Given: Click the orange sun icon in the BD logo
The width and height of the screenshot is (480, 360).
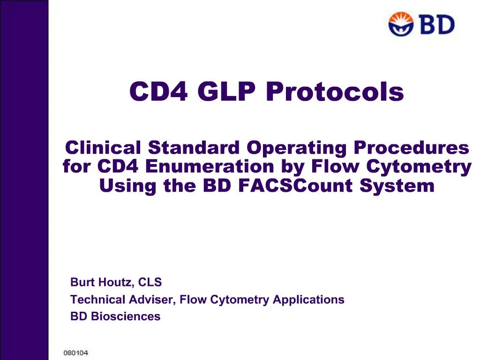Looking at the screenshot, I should point(401,24).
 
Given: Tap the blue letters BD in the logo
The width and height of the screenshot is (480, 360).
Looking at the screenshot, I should point(436,24).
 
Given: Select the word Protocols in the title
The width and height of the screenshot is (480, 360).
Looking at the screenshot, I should point(335,92).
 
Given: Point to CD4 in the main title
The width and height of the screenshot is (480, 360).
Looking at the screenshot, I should point(158,92).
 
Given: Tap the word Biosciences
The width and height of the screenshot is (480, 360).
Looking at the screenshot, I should point(125,316).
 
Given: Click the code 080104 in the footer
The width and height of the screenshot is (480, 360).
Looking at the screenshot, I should point(76,352).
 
